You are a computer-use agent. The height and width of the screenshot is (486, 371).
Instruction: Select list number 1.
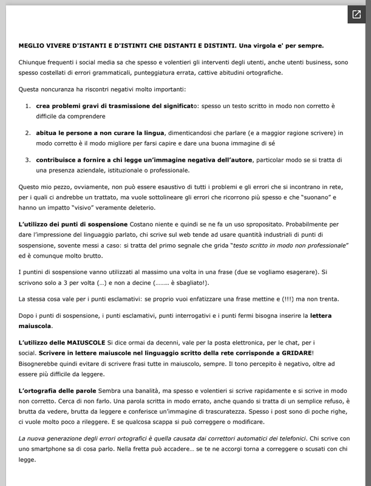27,106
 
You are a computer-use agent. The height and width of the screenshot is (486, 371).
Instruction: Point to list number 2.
27,132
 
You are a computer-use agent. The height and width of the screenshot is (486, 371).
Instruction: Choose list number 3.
27,160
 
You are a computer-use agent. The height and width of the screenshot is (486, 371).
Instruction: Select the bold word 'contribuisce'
60,160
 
